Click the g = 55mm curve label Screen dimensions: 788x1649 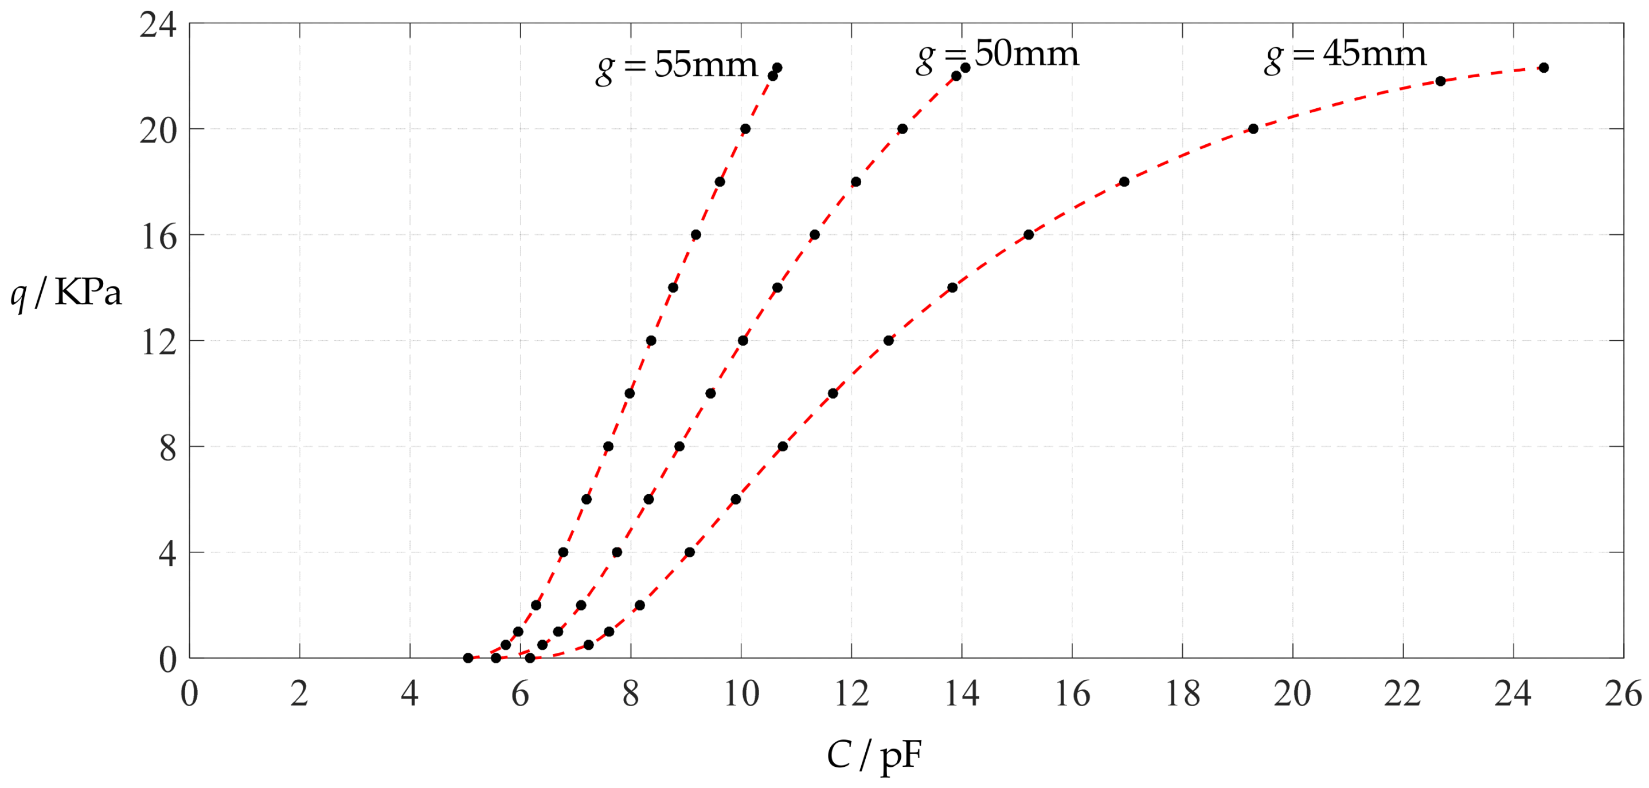click(677, 66)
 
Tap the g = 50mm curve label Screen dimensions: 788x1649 click(997, 55)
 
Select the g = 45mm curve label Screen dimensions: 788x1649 click(1345, 55)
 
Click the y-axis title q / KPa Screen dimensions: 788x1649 click(66, 294)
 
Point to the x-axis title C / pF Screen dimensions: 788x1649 click(874, 755)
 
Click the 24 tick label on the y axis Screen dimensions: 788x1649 click(158, 26)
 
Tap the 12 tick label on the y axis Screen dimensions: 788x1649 click(158, 342)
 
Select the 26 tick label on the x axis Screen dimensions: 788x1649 click(1623, 694)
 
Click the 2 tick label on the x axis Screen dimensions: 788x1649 click(300, 694)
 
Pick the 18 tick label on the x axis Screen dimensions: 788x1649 click(1182, 694)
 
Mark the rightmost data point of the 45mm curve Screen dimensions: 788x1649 click(1544, 68)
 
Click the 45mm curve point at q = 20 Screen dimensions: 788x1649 click(1253, 129)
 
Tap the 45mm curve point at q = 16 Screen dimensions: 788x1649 click(1029, 235)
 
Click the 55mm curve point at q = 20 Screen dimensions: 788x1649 click(745, 129)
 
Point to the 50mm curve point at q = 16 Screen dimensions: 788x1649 click(814, 235)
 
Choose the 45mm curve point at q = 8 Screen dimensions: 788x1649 click(782, 447)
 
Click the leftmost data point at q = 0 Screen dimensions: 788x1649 click(468, 658)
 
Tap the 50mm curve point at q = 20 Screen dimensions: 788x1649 click(902, 129)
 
